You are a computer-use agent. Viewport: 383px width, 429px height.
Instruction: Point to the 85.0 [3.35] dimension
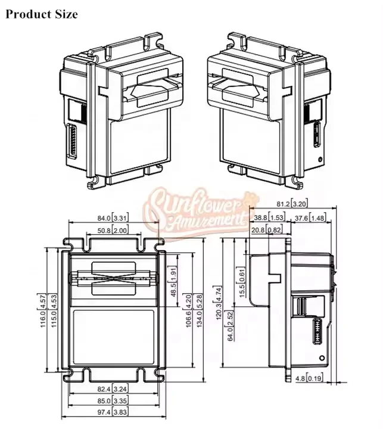113,402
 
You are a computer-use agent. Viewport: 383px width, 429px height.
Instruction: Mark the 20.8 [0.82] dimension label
266,230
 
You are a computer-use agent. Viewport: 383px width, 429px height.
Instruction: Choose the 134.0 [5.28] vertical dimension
201,310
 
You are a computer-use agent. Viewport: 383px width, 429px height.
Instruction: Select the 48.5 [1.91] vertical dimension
174,281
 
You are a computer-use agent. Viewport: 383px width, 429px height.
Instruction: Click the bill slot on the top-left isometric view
154,89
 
